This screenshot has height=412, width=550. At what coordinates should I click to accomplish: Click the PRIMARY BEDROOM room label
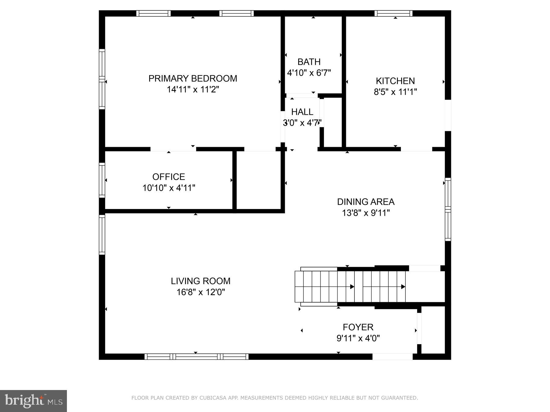coord(193,78)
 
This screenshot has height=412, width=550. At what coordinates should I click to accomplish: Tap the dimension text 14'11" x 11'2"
coord(193,90)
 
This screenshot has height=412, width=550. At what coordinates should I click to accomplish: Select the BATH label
coord(309,62)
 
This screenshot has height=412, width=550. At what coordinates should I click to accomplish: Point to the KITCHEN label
coord(395,81)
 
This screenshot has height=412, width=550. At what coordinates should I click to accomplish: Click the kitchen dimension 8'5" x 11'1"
coord(395,92)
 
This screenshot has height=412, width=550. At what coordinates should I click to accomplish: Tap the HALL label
coord(302,112)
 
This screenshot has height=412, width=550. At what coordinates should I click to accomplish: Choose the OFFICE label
coord(169,177)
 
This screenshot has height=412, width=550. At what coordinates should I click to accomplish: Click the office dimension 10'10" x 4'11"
coord(169,188)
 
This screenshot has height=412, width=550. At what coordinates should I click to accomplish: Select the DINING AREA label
coord(365,202)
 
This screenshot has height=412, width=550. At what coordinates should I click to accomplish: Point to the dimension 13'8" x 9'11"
coord(365,213)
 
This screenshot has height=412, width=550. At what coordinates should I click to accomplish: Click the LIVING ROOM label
coord(200,281)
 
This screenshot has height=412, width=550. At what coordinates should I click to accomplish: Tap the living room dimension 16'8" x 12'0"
coord(200,292)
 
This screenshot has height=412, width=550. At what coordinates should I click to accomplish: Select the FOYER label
coord(358,327)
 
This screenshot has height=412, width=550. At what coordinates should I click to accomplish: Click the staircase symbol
coord(350,286)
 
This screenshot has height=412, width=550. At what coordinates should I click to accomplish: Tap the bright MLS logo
coord(33,401)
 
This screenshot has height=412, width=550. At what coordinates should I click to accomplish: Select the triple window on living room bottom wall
coord(196,356)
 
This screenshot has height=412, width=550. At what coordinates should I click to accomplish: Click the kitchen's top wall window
coord(393,13)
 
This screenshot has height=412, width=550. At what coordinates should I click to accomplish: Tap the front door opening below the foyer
coord(392,356)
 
